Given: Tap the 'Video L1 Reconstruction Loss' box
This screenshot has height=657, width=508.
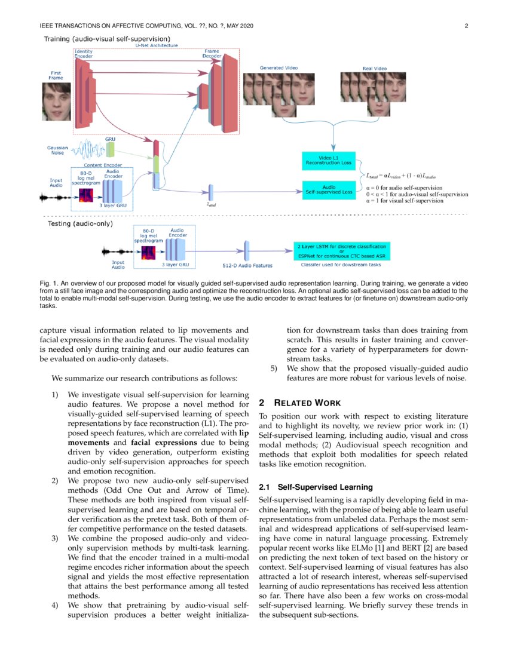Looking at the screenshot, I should point(328,160).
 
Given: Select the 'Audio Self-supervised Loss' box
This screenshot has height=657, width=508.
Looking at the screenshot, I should point(328,189).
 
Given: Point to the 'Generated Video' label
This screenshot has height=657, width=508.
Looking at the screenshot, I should point(279,68).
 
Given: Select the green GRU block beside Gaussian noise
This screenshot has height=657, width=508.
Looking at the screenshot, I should point(110,149).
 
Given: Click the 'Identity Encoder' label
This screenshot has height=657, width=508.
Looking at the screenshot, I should point(83,54).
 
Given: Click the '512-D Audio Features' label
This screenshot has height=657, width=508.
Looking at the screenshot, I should point(243,265).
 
